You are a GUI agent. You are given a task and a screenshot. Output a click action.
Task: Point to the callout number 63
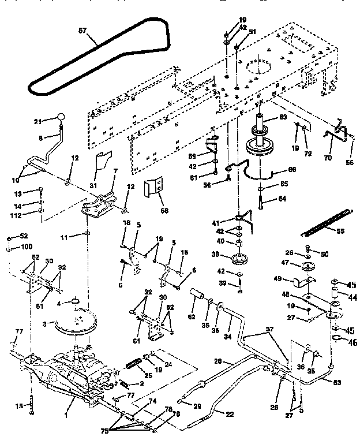[283, 117]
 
